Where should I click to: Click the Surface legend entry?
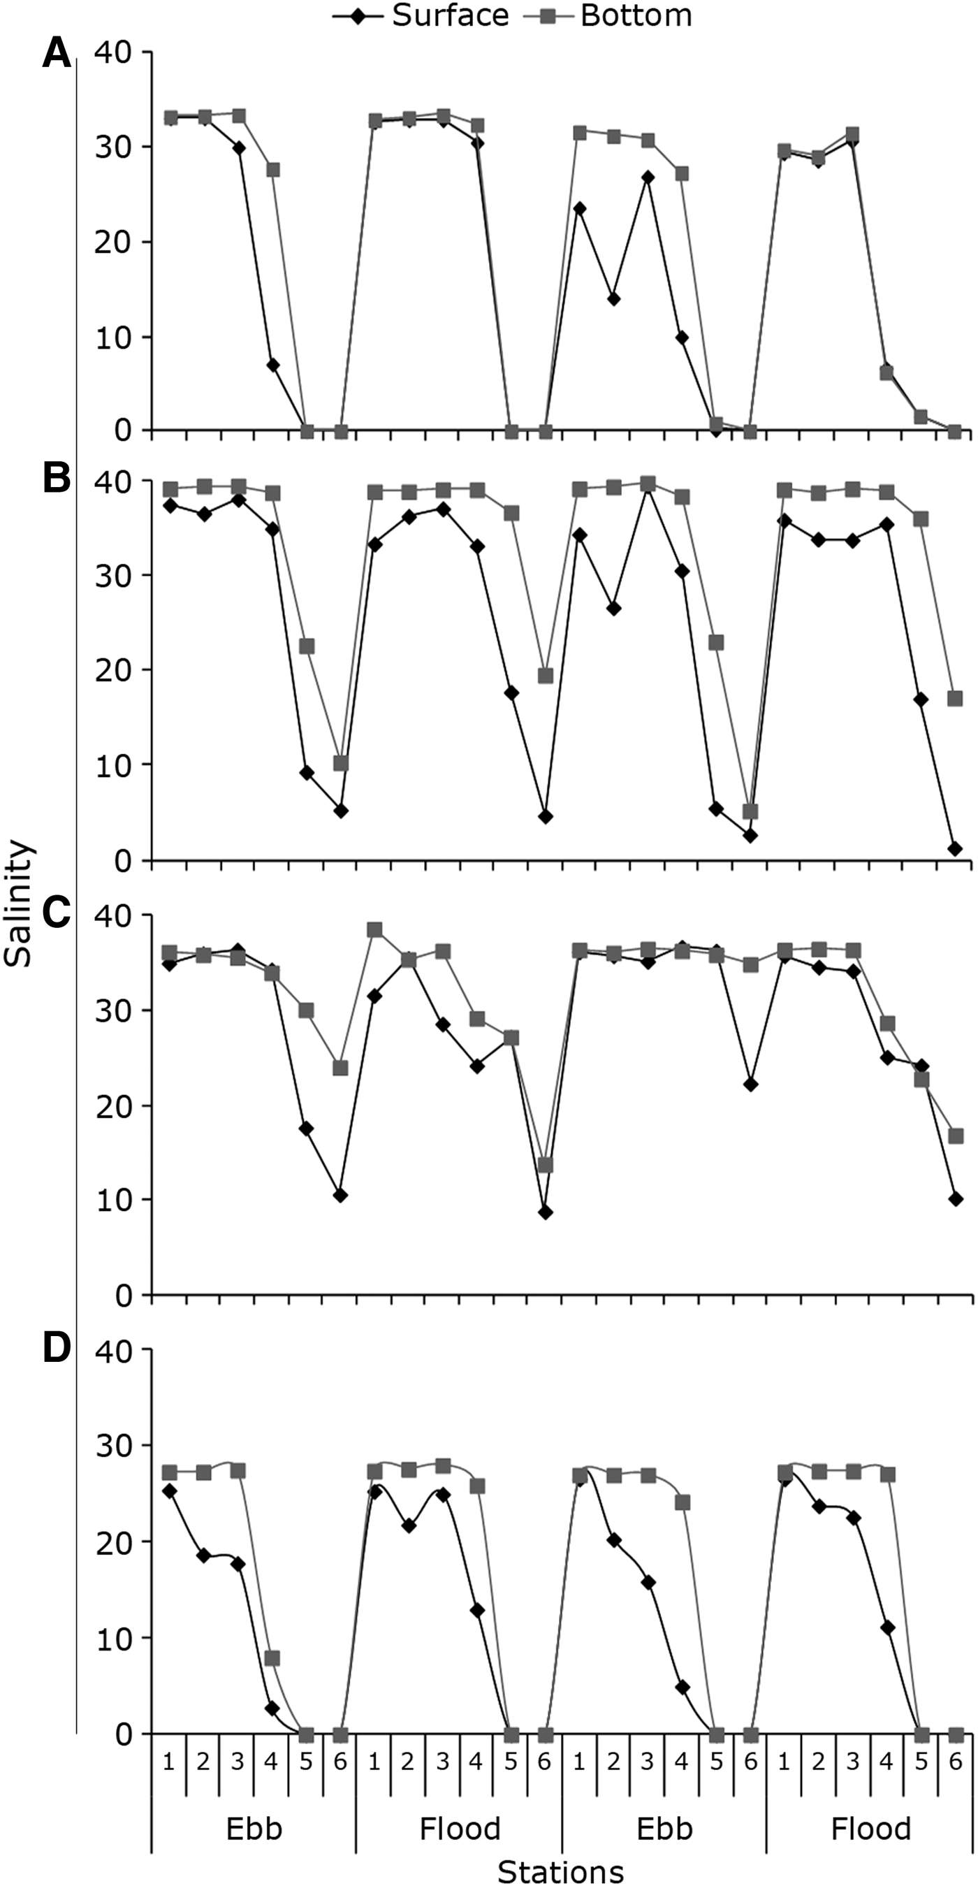pyautogui.click(x=421, y=15)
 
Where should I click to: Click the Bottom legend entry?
pyautogui.click(x=608, y=15)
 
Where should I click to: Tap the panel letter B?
pyautogui.click(x=57, y=479)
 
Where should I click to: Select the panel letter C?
pyautogui.click(x=57, y=911)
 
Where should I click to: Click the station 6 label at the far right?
pyautogui.click(x=956, y=1762)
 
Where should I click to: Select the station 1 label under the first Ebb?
pyautogui.click(x=169, y=1762)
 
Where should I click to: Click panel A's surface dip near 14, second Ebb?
pyautogui.click(x=613, y=298)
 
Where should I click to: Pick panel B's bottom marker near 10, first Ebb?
pyautogui.click(x=340, y=763)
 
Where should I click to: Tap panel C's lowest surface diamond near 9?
pyautogui.click(x=545, y=1212)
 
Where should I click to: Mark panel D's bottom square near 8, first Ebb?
pyautogui.click(x=272, y=1658)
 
